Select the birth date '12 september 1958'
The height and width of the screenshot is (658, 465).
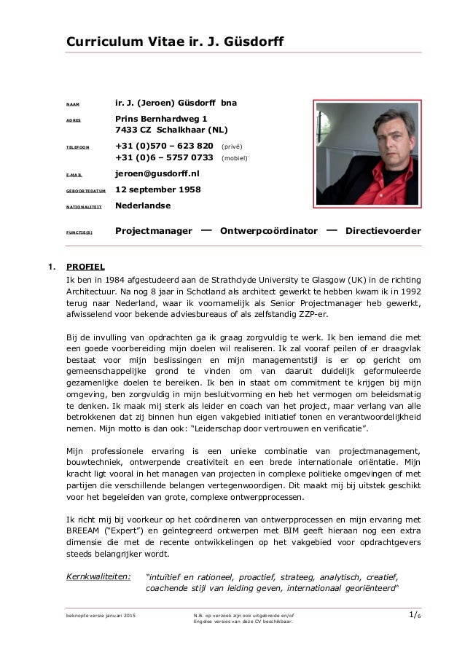pos(158,190)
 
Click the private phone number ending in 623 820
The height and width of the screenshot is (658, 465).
pos(164,146)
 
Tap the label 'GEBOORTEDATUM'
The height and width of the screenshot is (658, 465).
pos(87,192)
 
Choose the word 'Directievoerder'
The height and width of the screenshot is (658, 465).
pos(383,232)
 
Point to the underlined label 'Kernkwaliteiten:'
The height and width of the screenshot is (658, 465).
pos(99,577)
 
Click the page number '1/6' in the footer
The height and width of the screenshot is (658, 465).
pos(415,617)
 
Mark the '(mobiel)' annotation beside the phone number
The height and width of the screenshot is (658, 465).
pos(234,158)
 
